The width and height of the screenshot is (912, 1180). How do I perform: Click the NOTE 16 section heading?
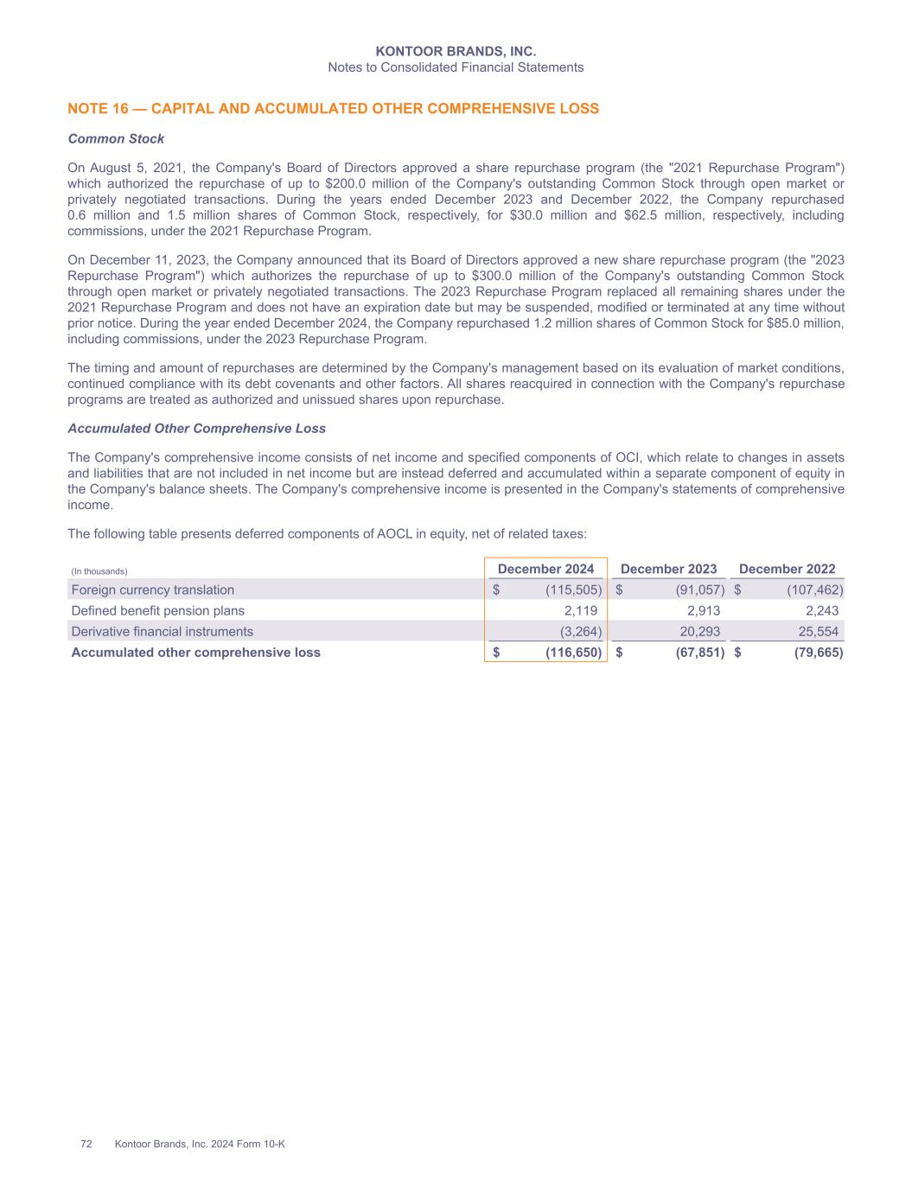(x=333, y=109)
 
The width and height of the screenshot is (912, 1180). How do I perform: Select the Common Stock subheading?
(x=116, y=138)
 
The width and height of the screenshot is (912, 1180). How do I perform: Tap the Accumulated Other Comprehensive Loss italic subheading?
(x=196, y=428)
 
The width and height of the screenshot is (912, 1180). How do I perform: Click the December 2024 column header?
(x=545, y=569)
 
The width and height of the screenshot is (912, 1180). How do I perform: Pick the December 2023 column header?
(x=668, y=569)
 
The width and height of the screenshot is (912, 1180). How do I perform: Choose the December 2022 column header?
(x=787, y=569)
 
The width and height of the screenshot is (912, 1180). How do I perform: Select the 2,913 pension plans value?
(x=702, y=610)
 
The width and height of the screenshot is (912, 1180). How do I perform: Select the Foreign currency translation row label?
(x=152, y=590)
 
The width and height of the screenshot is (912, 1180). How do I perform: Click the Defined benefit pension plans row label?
(x=157, y=610)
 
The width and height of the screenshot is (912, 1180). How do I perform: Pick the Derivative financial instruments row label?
(x=162, y=631)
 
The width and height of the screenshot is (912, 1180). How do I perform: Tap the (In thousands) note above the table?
(x=99, y=571)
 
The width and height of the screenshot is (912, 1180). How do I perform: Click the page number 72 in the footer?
(x=86, y=1144)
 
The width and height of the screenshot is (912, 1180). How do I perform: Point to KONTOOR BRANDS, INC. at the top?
(x=456, y=52)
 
